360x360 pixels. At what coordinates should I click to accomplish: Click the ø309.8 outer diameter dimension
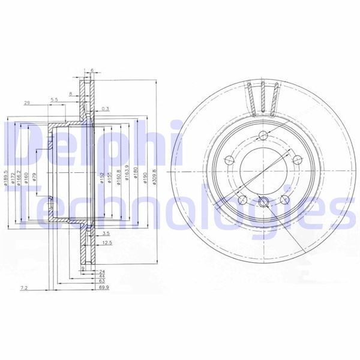click(155, 175)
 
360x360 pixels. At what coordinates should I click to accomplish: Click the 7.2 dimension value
click(24, 288)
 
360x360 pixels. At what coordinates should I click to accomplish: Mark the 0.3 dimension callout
click(106, 109)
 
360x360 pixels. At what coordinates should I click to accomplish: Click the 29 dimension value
click(28, 103)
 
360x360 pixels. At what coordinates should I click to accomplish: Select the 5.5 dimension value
click(54, 99)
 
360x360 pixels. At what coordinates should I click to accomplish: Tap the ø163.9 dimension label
click(128, 175)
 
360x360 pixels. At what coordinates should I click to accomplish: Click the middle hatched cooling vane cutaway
click(262, 98)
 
